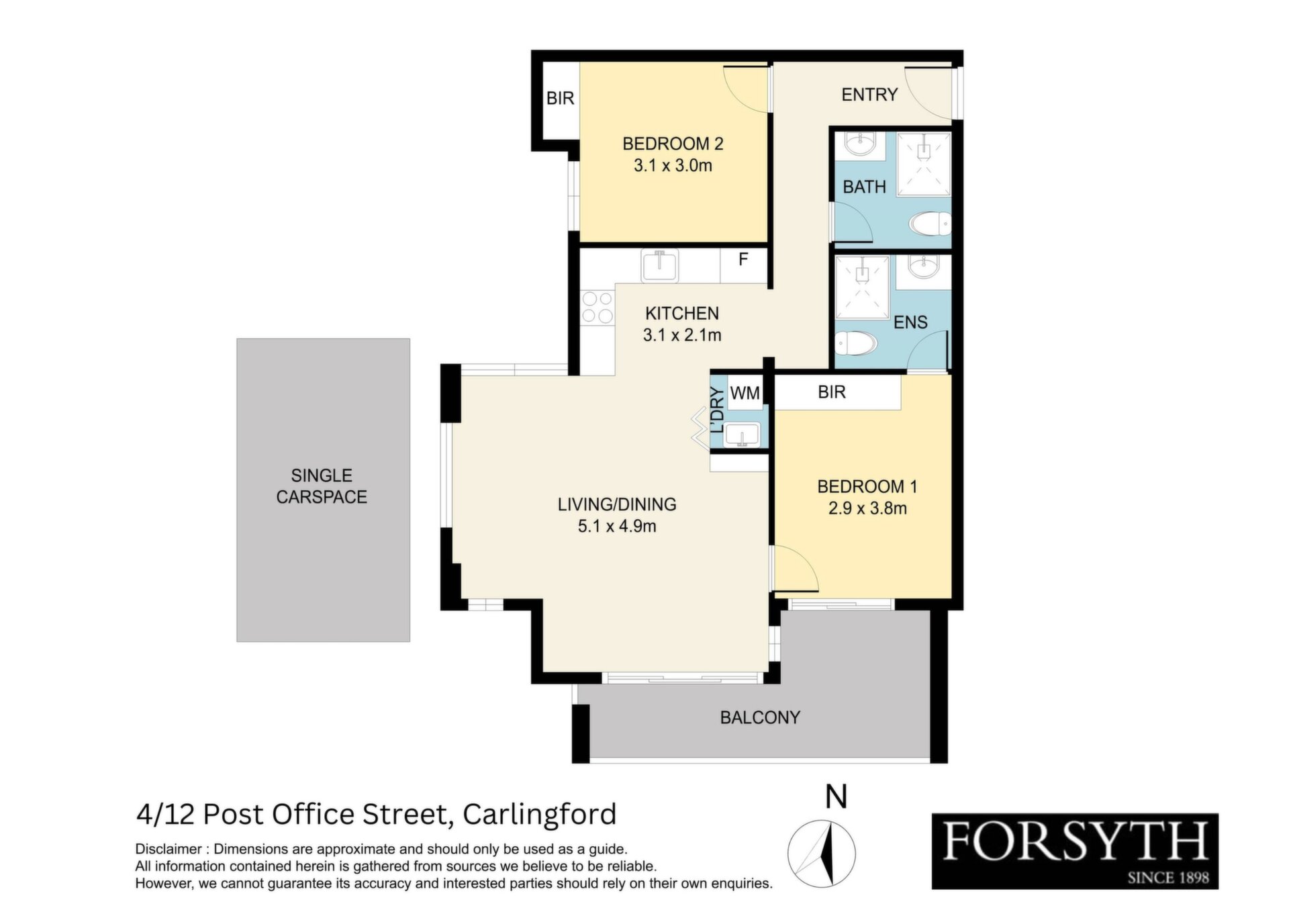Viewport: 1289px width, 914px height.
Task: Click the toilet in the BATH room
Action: click(930, 224)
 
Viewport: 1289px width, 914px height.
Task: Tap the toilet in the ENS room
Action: click(855, 345)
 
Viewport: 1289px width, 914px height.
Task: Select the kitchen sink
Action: click(660, 265)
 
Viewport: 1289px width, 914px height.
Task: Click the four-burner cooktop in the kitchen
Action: click(598, 307)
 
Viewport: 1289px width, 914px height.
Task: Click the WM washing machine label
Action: click(745, 393)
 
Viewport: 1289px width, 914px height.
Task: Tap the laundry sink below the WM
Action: click(743, 435)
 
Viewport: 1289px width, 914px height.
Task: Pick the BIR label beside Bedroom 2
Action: click(561, 99)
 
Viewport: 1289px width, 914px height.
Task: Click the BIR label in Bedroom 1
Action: click(832, 392)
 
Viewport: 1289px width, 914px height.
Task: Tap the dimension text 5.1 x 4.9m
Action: click(617, 526)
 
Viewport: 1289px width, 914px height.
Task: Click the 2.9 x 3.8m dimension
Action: click(867, 508)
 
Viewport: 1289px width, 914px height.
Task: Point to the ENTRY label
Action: click(869, 95)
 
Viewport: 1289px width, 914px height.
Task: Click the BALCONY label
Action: click(760, 718)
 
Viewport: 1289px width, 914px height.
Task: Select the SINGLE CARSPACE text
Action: click(322, 486)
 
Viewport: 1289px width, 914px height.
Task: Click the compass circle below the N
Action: click(821, 854)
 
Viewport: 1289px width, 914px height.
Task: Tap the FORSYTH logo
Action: click(1075, 852)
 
